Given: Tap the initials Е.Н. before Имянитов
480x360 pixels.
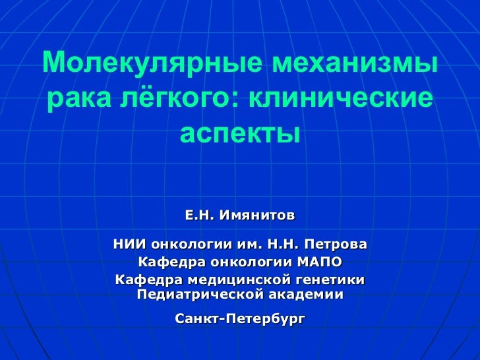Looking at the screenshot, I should pos(198,216).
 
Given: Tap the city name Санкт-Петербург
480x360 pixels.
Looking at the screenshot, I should pos(240,319).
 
